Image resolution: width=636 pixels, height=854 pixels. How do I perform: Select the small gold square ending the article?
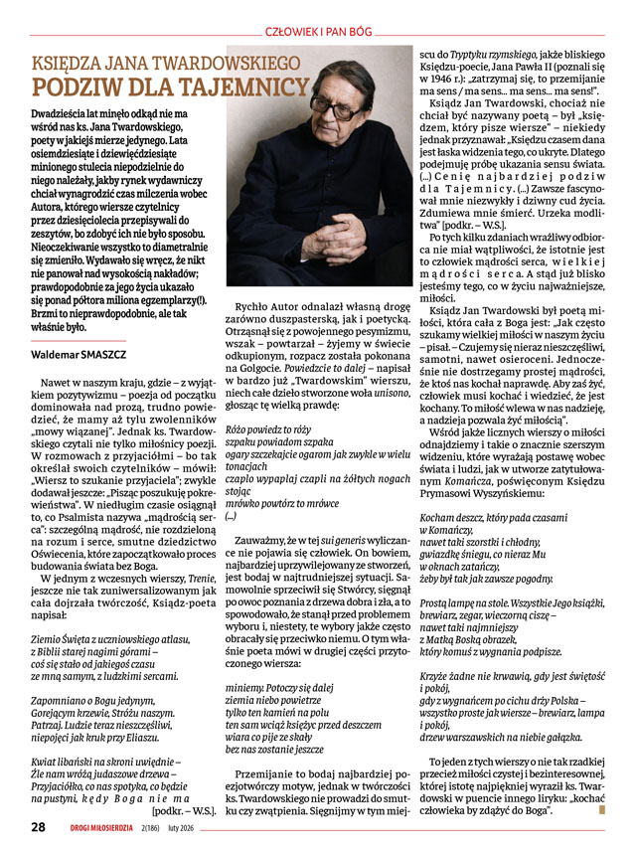click(601, 810)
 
